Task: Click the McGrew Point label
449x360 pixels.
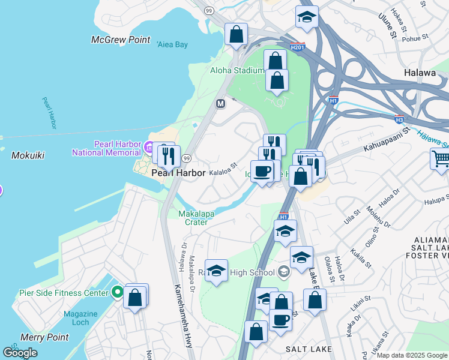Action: coord(120,40)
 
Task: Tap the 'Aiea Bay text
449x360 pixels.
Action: coord(172,44)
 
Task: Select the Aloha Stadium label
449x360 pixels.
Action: coord(237,70)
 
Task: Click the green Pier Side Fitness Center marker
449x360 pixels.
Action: coord(118,293)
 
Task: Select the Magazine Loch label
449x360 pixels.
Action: coord(80,319)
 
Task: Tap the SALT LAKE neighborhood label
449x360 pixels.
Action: coord(309,349)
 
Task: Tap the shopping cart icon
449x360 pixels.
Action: coord(441,160)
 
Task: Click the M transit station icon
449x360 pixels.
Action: coord(220,104)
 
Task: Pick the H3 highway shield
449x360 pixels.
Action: coord(399,119)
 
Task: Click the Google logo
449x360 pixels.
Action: coord(20,353)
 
